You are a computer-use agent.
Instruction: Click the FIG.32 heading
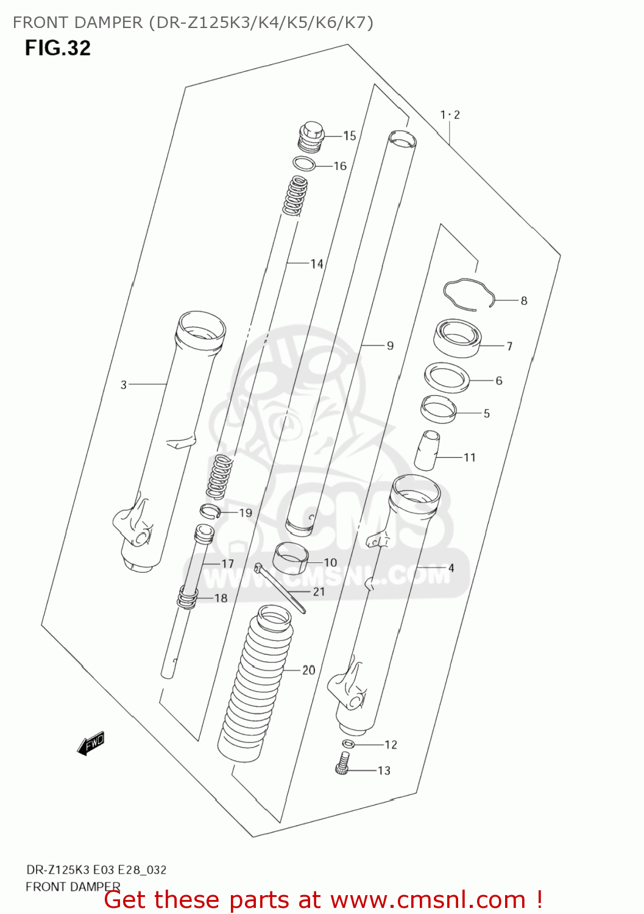coord(58,48)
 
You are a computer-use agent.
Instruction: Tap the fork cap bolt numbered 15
coord(311,137)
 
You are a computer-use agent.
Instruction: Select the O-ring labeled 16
coord(303,164)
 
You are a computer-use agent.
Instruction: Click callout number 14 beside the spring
coord(316,264)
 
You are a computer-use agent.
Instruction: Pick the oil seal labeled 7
coord(458,338)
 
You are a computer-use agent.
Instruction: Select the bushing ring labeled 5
coord(439,408)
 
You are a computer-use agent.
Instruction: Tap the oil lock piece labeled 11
coord(427,451)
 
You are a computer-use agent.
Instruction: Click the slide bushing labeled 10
coord(291,558)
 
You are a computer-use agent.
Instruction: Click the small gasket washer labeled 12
coord(348,743)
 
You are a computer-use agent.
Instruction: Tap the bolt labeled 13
coord(343,763)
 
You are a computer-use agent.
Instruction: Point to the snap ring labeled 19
coord(210,511)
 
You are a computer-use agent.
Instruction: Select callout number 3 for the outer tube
coord(124,384)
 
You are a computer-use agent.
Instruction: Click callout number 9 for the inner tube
coord(390,345)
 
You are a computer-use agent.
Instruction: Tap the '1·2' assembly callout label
coord(450,115)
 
